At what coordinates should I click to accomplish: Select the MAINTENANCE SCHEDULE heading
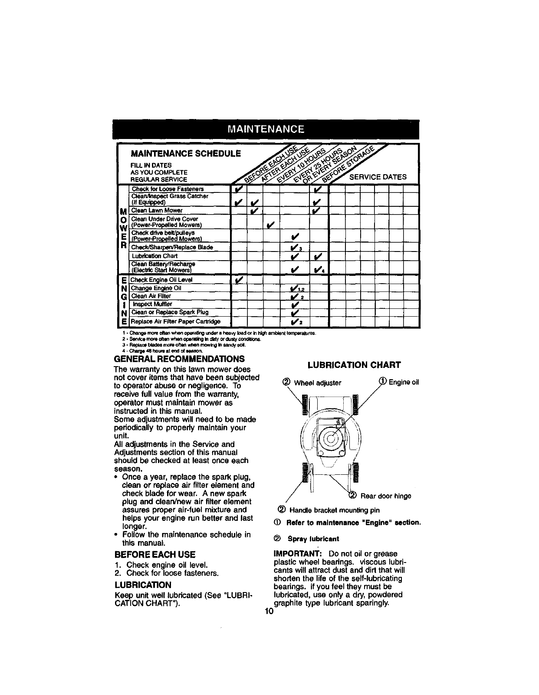pyautogui.click(x=186, y=154)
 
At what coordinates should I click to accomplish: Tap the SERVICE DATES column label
pyautogui.click(x=378, y=177)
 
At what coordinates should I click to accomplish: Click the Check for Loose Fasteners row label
pyautogui.click(x=161, y=189)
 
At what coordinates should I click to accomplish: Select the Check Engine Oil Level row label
pyautogui.click(x=161, y=280)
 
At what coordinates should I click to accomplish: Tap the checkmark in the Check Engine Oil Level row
pyautogui.click(x=238, y=280)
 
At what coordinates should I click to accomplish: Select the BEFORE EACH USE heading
pyautogui.click(x=154, y=555)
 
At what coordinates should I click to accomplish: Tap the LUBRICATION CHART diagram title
pyautogui.click(x=354, y=364)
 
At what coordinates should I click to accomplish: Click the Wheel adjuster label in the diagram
pyautogui.click(x=317, y=383)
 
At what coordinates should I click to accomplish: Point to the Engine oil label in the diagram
pyautogui.click(x=404, y=382)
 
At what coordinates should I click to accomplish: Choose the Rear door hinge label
pyautogui.click(x=385, y=496)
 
